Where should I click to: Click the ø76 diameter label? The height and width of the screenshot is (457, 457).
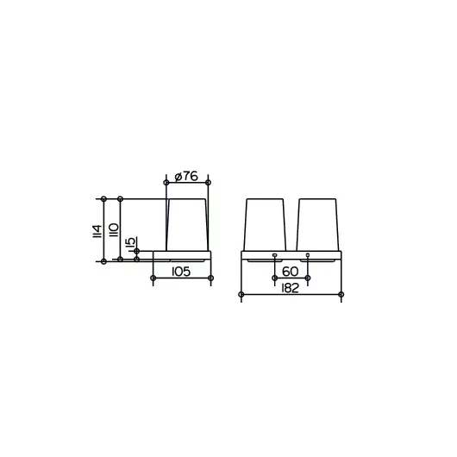pyautogui.click(x=186, y=176)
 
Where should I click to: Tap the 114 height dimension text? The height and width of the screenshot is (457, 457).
pyautogui.click(x=97, y=231)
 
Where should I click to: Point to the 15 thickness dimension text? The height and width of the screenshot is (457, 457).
pyautogui.click(x=130, y=241)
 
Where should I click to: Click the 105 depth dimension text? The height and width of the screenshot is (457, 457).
pyautogui.click(x=181, y=272)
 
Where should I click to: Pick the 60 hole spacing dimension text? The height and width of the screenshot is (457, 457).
pyautogui.click(x=291, y=272)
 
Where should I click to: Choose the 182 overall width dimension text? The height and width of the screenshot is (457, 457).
pyautogui.click(x=290, y=288)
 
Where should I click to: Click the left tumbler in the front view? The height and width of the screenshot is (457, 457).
pyautogui.click(x=265, y=225)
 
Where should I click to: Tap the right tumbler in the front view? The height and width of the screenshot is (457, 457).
pyautogui.click(x=318, y=225)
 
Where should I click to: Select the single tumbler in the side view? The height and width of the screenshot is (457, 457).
pyautogui.click(x=187, y=225)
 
